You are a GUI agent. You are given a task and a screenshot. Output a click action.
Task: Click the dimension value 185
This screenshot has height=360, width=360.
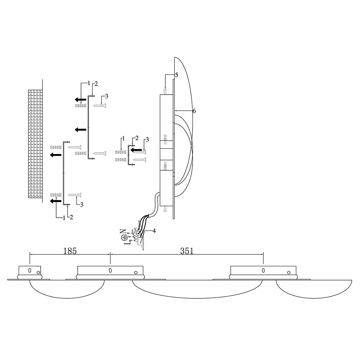pos(70,251)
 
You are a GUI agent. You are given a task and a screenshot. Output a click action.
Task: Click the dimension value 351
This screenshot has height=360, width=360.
pos(186,251)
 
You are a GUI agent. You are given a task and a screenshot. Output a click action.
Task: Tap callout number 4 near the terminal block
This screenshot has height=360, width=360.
pos(154,231)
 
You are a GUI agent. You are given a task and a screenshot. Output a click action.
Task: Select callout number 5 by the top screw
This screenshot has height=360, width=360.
pos(176,75)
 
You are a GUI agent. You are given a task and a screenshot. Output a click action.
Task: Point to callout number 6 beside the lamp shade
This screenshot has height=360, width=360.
pos(194,111)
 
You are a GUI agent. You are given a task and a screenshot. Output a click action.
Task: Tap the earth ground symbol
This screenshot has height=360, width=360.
pos(124,237)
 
